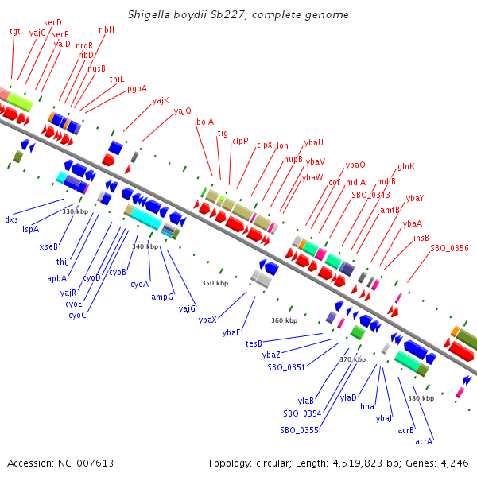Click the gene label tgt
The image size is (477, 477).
click(x=14, y=31)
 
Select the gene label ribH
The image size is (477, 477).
click(x=107, y=29)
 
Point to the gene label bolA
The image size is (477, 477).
click(x=204, y=122)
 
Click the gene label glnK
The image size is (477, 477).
click(x=406, y=166)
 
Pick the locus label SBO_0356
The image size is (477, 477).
click(x=449, y=248)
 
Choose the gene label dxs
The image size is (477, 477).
click(x=11, y=219)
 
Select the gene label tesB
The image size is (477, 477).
click(x=254, y=343)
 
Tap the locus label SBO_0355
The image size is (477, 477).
click(x=299, y=430)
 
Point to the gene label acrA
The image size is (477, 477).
click(x=424, y=440)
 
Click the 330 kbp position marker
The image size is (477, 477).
click(x=76, y=211)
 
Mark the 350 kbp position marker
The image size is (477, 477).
click(x=215, y=283)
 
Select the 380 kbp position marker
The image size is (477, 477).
click(x=421, y=397)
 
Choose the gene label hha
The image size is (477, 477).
click(x=367, y=406)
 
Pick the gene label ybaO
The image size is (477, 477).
click(x=355, y=165)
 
